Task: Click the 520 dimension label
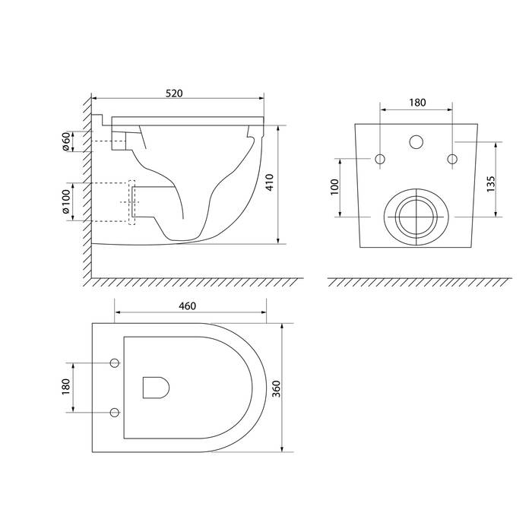tap(174, 93)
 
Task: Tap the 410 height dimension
tap(270, 182)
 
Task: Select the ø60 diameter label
tap(66, 141)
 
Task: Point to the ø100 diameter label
tap(66, 201)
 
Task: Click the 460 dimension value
tap(187, 306)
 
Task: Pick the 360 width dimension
tap(277, 389)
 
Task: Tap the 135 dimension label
tap(491, 184)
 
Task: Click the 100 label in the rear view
tap(334, 187)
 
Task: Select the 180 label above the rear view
tap(417, 103)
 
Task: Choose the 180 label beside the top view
tap(66, 386)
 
